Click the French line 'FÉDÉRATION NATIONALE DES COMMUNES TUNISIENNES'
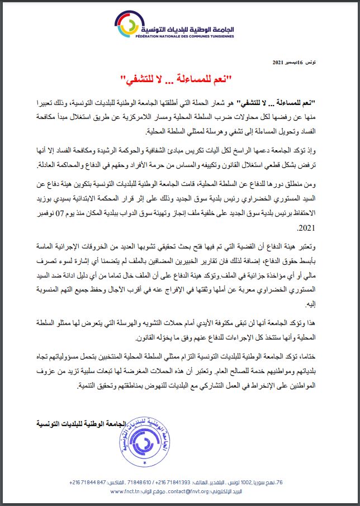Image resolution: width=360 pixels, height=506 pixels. pyautogui.click(x=184, y=35)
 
